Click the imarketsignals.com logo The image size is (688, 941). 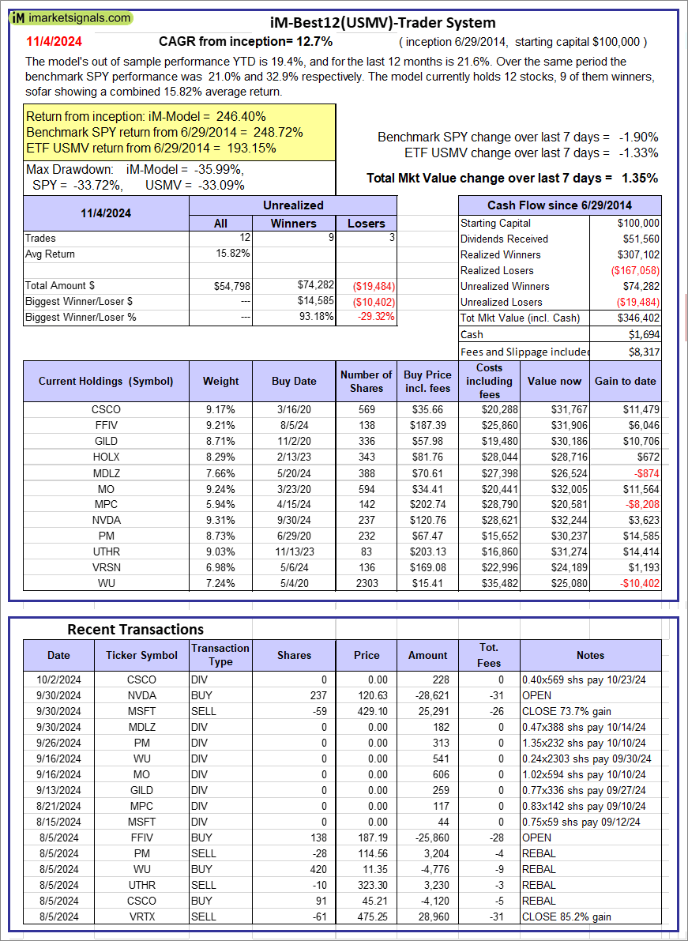pos(71,17)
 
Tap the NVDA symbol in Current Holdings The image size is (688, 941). pos(105,521)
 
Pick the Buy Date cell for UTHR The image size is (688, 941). pos(294,552)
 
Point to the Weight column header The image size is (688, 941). pos(220,381)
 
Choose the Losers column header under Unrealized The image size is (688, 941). pos(366,224)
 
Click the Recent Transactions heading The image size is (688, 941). pos(135,629)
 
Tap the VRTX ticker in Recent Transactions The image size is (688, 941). pos(141,917)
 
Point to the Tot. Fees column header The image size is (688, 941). pos(489,655)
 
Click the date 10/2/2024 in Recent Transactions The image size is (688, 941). pos(58,679)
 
